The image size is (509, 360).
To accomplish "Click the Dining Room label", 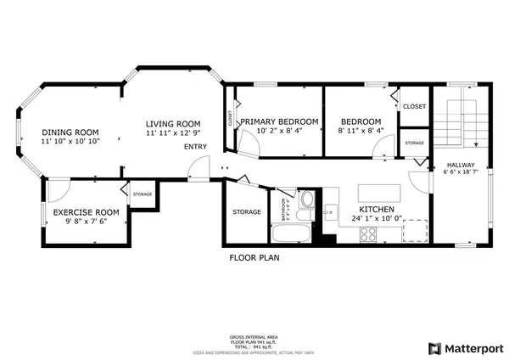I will click(70, 132).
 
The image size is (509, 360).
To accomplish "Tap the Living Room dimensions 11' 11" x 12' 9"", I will click(171, 133).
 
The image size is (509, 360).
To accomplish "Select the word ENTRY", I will click(195, 147).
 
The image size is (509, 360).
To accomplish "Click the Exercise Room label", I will click(86, 211).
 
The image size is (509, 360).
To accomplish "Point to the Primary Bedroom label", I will click(279, 121).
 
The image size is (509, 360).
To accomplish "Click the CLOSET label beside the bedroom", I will click(414, 106).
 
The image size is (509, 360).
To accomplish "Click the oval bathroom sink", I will click(310, 201).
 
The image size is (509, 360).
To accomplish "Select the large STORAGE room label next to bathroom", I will click(247, 211).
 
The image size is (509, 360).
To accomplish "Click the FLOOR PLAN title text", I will click(255, 256).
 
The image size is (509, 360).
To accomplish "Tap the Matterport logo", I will click(466, 348).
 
